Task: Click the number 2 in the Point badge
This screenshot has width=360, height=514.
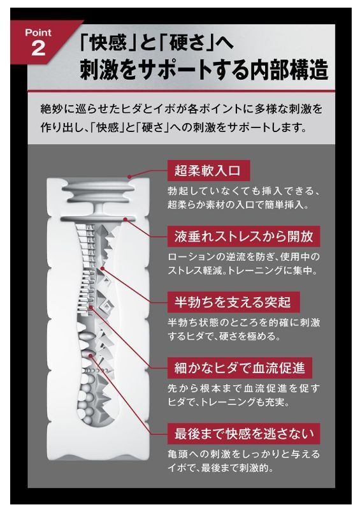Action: pos(38,48)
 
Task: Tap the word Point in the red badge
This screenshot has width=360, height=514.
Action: pos(38,33)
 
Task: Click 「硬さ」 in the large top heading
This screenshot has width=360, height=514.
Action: pos(184,43)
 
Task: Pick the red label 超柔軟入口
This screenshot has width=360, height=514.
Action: pos(208,170)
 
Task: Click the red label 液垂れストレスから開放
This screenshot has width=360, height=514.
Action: pos(244,236)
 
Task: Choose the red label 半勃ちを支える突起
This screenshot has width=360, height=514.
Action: pos(233,302)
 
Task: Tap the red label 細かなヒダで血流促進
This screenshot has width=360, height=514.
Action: pos(240,368)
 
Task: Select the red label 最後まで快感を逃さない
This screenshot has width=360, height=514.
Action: pos(243,434)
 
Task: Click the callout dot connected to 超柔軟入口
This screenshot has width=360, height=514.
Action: pos(130,177)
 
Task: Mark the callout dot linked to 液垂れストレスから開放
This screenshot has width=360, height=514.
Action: pos(125,219)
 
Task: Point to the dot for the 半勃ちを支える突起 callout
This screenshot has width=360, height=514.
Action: pos(102,268)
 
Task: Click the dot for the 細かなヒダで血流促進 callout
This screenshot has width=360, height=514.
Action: pos(91,308)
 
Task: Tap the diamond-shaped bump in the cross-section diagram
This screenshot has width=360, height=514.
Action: pos(107,307)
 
